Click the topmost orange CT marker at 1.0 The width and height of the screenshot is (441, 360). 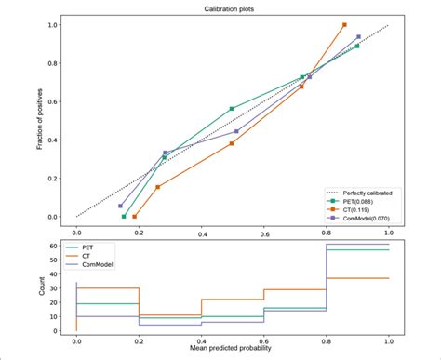pos(344,25)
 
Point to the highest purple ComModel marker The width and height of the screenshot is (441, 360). pos(358,37)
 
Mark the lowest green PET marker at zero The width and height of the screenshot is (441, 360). pos(124,216)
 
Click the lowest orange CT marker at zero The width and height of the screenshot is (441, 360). pos(135,216)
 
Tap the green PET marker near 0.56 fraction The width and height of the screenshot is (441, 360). pos(232,109)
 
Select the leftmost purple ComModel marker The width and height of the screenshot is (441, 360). pos(120,206)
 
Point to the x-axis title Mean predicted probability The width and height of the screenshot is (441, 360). pos(232,349)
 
